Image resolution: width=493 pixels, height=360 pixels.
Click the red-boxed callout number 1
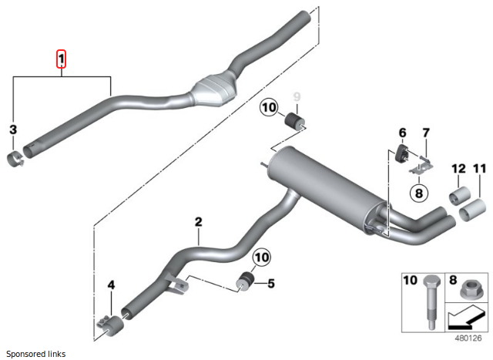[62, 59]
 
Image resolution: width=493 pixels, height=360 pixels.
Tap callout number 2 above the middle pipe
[198, 222]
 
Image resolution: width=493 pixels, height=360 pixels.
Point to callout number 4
[111, 285]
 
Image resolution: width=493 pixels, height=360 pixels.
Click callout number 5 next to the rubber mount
[270, 283]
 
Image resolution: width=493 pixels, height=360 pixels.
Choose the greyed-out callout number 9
[296, 99]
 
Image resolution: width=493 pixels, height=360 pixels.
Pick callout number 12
[458, 168]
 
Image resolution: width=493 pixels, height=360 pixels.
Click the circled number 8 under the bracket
[418, 193]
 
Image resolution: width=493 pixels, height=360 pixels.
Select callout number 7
[425, 133]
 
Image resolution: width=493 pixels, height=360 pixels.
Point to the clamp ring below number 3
[16, 160]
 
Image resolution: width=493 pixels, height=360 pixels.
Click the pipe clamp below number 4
[108, 324]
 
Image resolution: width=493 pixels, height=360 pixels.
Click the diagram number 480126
[467, 337]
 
